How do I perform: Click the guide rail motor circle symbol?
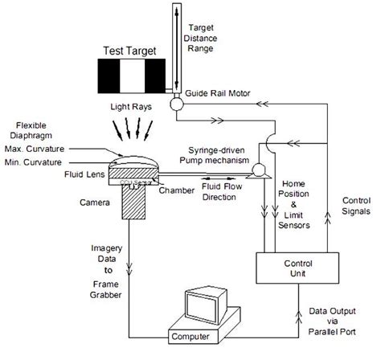tap(174, 103)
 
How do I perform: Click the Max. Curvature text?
tap(35, 149)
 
